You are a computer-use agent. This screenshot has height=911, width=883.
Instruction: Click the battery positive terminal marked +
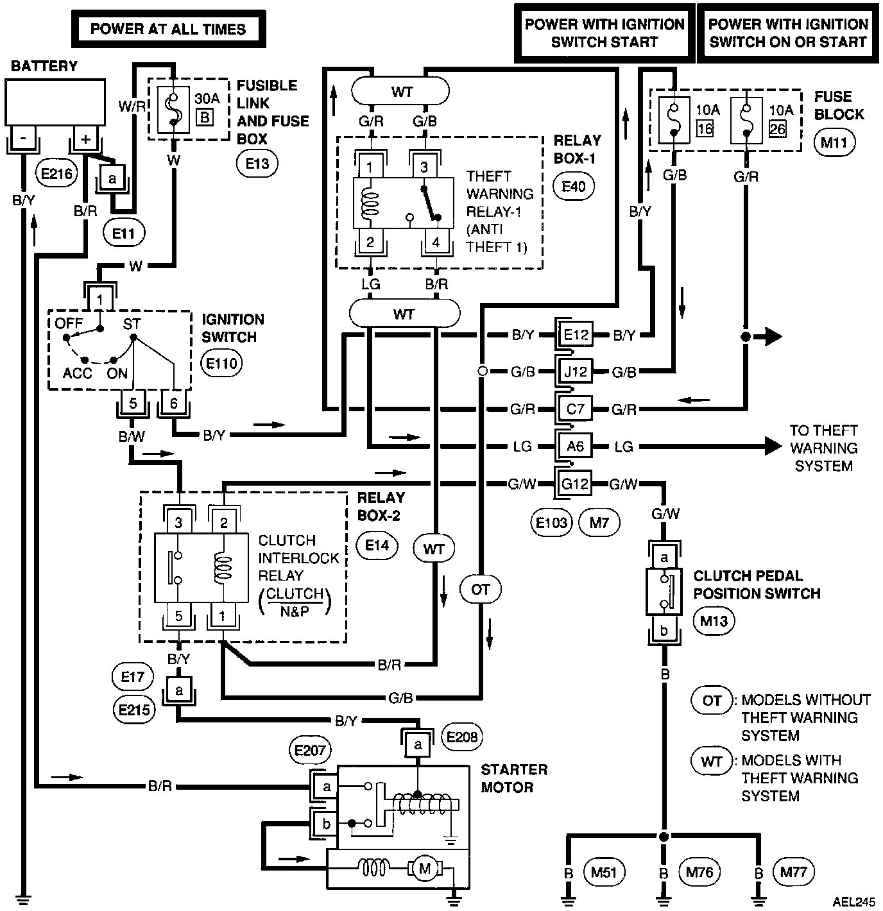click(85, 139)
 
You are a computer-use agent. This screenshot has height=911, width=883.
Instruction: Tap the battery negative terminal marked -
click(24, 139)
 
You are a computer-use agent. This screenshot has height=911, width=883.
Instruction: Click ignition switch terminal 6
click(174, 403)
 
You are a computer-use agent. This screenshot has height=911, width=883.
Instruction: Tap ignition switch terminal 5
click(133, 403)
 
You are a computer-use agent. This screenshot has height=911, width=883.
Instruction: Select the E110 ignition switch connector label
click(221, 364)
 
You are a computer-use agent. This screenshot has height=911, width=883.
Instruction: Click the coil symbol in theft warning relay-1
click(370, 203)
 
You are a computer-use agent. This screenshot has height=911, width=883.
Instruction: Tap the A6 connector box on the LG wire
click(575, 446)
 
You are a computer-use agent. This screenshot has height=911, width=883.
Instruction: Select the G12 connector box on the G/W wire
click(575, 484)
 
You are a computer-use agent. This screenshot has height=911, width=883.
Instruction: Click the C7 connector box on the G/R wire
click(575, 409)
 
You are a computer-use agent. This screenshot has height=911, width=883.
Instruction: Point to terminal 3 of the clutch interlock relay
click(179, 523)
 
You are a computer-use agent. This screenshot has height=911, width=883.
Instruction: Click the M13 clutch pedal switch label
click(714, 620)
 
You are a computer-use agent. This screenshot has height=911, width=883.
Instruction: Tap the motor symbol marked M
click(424, 870)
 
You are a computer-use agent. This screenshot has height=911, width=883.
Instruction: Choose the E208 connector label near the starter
click(461, 737)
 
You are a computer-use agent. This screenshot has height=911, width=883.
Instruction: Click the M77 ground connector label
click(794, 871)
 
